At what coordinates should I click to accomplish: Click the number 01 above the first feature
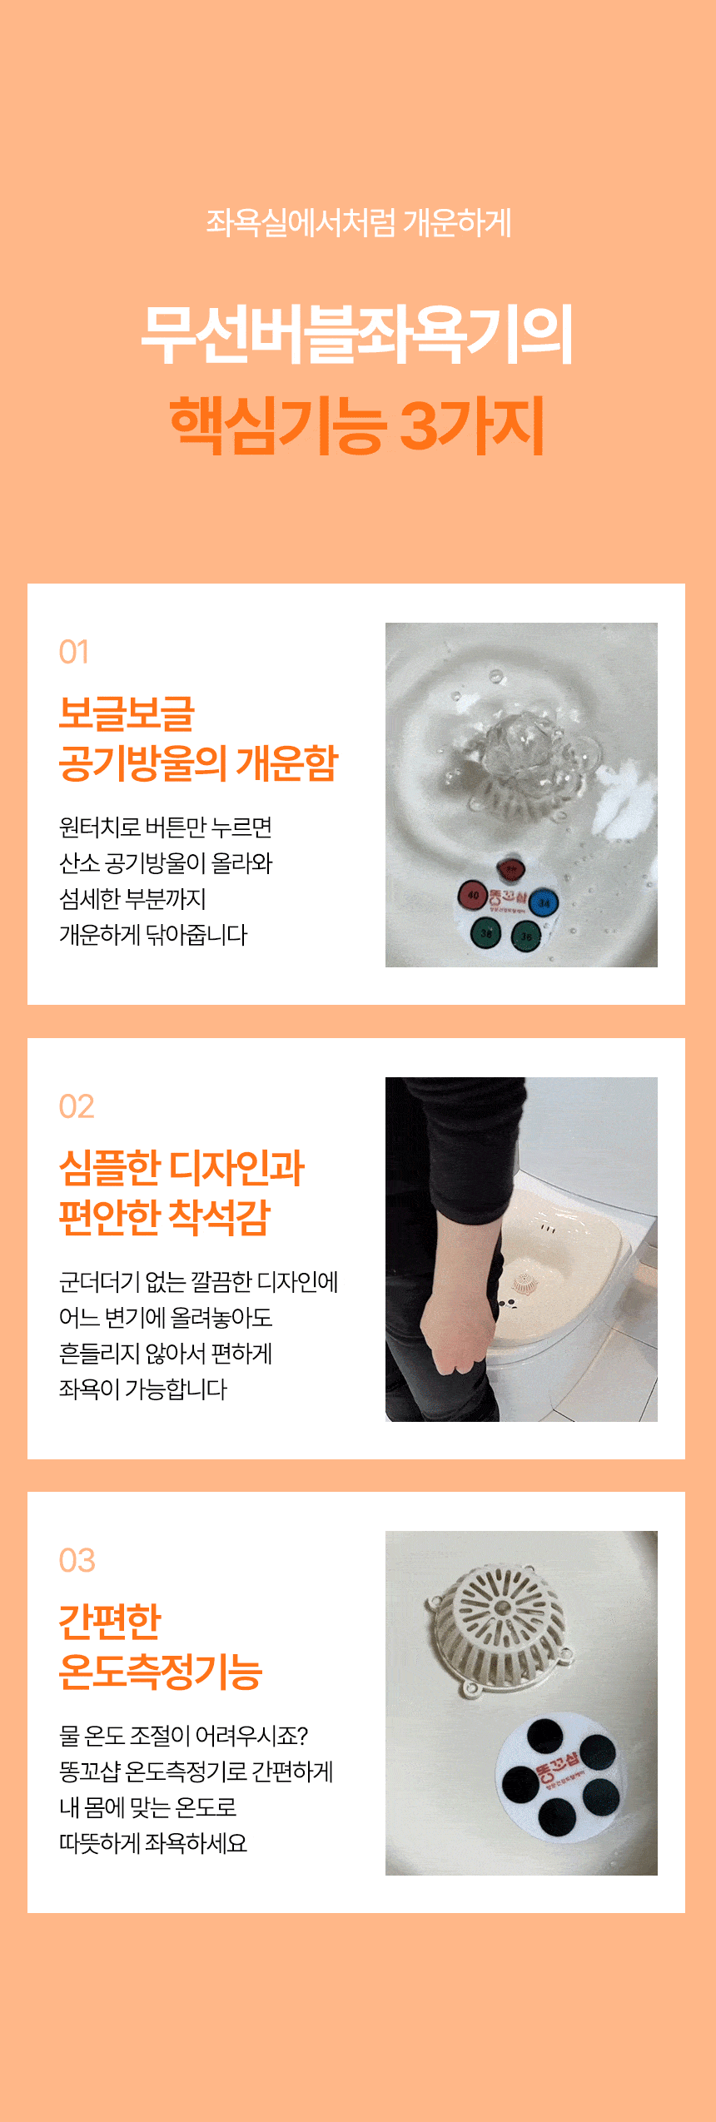coord(74,652)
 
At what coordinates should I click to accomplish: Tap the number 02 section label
coord(77,1106)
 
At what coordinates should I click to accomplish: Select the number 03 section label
coord(77,1560)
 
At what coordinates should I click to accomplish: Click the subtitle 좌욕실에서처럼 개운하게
coord(358,222)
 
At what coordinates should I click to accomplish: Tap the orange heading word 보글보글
coord(127,713)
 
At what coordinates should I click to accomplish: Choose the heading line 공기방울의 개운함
coord(199,763)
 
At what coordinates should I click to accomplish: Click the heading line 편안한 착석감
coord(165,1217)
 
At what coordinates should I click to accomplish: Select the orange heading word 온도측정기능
coord(161,1671)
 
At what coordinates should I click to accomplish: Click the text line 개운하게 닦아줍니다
coord(153,935)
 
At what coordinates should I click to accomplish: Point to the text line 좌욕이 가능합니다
coord(143,1389)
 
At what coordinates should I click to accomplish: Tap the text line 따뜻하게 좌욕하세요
coord(153,1843)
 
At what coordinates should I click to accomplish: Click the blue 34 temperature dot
coord(544,902)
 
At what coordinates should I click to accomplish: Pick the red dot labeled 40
coord(473,896)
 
